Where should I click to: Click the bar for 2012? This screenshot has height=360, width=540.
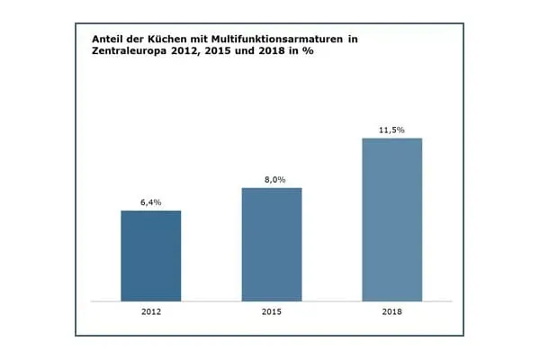point(150,256)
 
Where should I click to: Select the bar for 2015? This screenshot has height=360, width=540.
point(271,244)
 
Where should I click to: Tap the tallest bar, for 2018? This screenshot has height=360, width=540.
point(391,220)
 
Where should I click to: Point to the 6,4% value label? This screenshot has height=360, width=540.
point(150,202)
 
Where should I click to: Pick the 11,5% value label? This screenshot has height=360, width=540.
point(391,130)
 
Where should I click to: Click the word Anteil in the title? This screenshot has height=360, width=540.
point(108,40)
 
